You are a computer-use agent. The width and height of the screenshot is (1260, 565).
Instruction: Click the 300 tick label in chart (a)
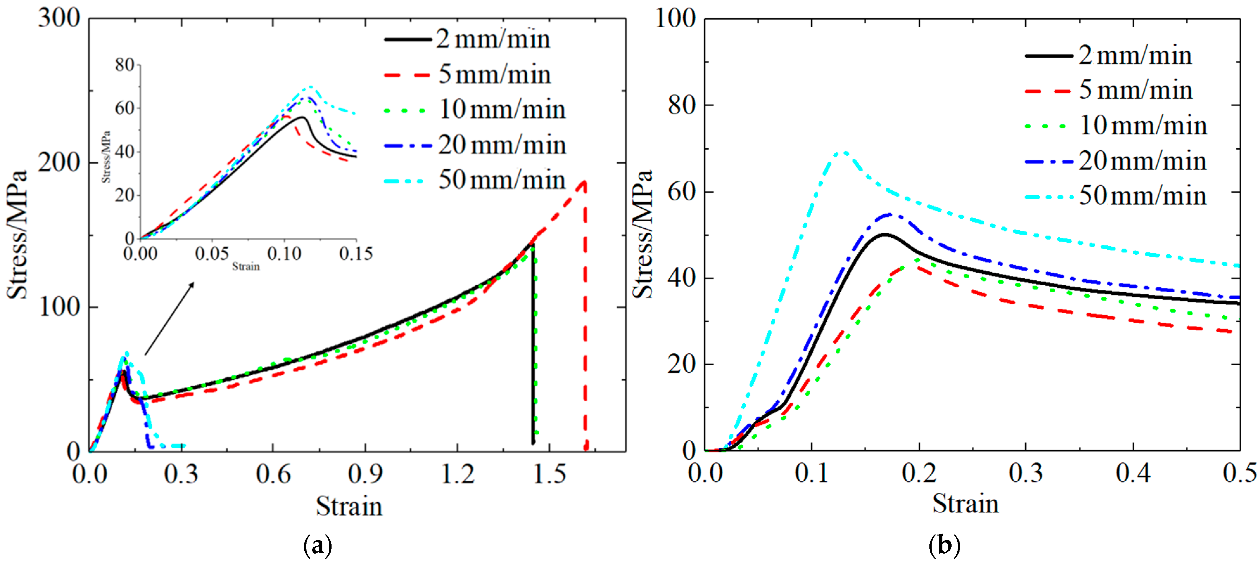point(59,19)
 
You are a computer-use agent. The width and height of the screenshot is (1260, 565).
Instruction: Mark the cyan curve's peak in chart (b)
point(842,152)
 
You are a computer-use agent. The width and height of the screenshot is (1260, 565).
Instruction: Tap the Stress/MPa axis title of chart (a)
point(17,235)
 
